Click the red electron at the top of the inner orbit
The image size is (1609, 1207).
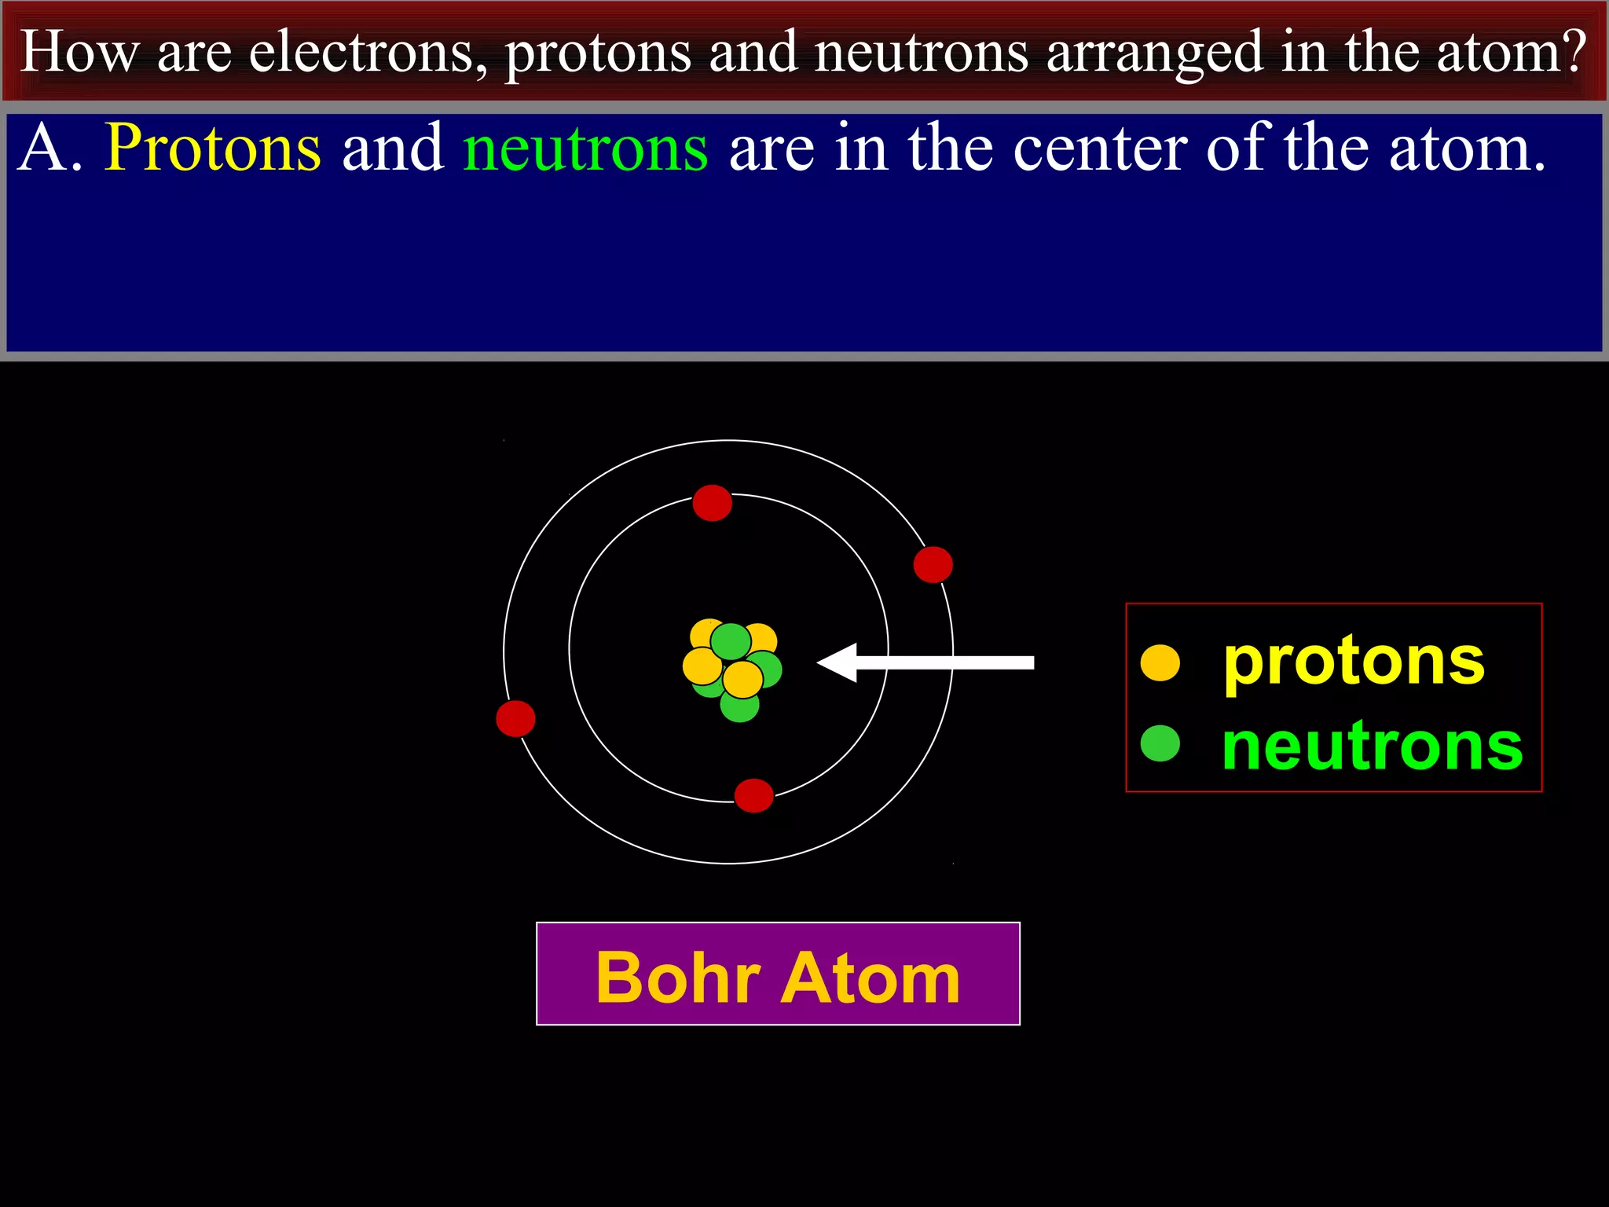coord(712,503)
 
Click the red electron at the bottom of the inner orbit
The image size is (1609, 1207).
coord(753,795)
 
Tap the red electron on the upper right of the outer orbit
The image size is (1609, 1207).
coord(933,564)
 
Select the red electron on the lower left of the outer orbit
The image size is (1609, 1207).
coord(515,718)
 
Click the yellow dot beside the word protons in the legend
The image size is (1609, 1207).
coord(1160,662)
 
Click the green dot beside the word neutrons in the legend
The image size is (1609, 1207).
coord(1160,743)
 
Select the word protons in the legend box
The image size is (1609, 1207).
coord(1354,662)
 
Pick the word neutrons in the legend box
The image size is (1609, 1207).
coord(1372,747)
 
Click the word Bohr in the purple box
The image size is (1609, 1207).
coord(677,978)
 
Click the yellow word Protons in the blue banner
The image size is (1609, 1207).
coord(213,149)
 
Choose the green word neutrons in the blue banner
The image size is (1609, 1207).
coord(585,149)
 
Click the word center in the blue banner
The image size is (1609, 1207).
coord(1099,149)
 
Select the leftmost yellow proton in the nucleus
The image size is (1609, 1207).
coord(701,666)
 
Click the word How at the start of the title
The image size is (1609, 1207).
coord(79,53)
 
